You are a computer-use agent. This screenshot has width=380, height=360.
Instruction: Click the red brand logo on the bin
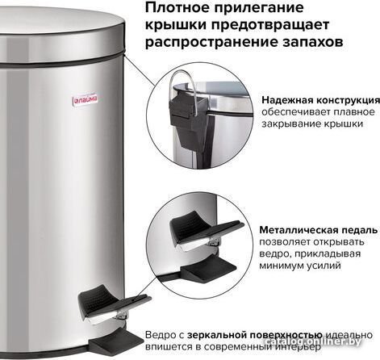click(x=86, y=100)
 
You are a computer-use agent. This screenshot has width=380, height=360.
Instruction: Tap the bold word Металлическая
click(x=299, y=230)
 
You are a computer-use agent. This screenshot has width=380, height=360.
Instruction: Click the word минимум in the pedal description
click(x=281, y=266)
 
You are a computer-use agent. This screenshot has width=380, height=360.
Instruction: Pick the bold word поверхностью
click(x=286, y=336)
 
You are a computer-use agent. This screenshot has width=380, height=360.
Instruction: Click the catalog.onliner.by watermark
click(x=312, y=341)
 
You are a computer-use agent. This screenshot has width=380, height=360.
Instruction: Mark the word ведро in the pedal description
click(x=272, y=254)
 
